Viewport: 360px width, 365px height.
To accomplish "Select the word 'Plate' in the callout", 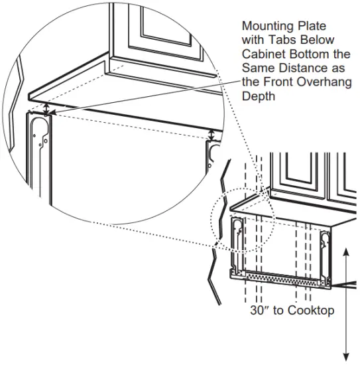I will (309, 27).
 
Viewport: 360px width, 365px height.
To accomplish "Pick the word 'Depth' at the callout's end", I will (257, 96).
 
